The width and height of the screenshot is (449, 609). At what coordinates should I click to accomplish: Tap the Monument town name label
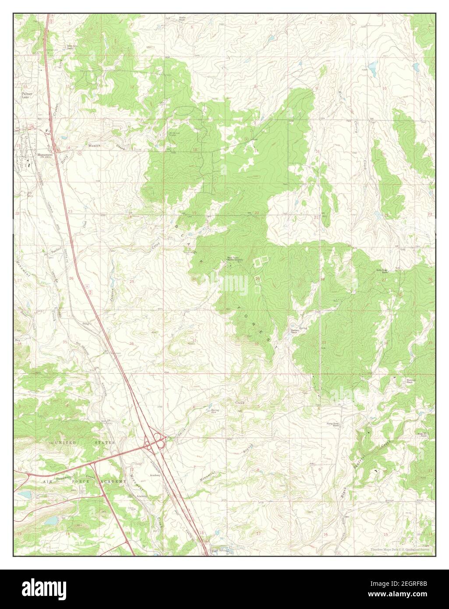coord(45,155)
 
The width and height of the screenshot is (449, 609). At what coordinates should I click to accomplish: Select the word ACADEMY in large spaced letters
coord(114,481)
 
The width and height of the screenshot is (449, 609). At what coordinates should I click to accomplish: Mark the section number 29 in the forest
coord(258,279)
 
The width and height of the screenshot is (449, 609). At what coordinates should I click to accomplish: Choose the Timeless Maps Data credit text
coord(400,549)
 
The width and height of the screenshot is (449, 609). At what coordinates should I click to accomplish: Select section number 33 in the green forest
coord(324,342)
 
